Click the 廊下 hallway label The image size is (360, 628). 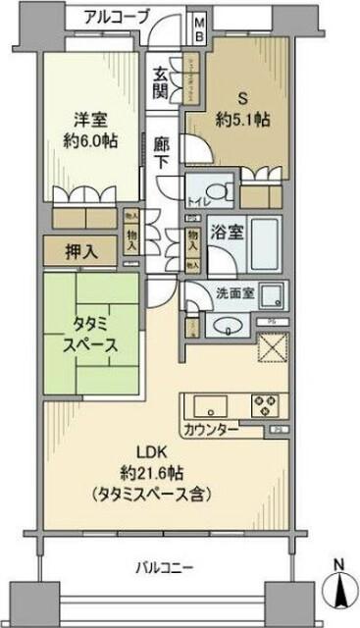[x=162, y=150]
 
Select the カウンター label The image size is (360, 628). [x=207, y=429]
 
